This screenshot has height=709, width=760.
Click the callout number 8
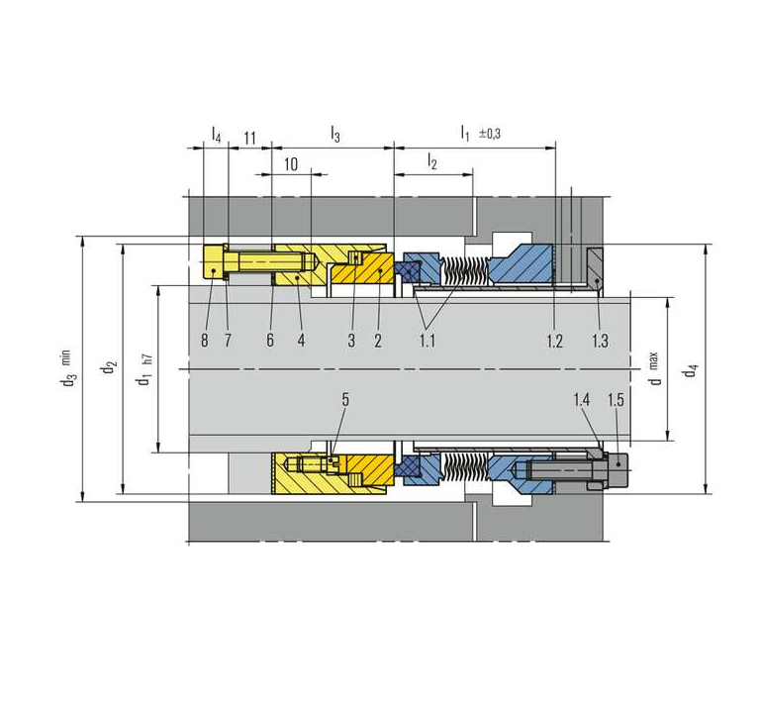205,340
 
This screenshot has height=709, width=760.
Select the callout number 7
228,340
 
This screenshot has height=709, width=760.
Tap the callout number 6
270,340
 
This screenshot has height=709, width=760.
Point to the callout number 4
301,340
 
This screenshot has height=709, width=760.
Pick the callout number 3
351,340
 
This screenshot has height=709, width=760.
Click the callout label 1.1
427,341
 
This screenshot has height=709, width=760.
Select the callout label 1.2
554,341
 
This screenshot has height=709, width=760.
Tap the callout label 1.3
600,341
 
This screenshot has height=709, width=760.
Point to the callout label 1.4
582,400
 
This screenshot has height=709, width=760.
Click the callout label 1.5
616,400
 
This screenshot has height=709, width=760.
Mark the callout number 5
345,400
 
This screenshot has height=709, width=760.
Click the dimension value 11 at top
249,139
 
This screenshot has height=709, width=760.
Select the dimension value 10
291,164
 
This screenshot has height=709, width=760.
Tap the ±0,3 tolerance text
490,134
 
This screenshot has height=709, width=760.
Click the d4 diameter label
690,369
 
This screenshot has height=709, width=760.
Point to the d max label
655,368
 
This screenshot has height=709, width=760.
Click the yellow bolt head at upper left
214,261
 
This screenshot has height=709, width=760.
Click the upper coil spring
465,271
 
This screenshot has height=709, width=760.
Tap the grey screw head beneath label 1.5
617,465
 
